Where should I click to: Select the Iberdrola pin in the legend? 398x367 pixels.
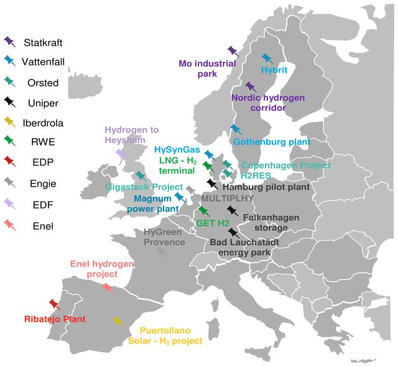(10, 122)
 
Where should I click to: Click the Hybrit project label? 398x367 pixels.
(274, 70)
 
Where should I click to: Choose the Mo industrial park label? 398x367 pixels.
(207, 68)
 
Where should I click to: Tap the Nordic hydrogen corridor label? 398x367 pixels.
(268, 103)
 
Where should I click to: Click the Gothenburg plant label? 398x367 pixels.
(272, 142)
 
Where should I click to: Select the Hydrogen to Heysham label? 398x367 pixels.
(131, 135)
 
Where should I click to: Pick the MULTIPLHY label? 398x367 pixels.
(228, 198)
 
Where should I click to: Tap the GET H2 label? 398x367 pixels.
(213, 223)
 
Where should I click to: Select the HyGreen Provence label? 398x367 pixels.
(164, 237)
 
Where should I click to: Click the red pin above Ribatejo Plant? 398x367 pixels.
(55, 305)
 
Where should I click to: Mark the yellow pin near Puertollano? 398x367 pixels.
(118, 322)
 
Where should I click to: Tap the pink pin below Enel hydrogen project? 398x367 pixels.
(108, 288)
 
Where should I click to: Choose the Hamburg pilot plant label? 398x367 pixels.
(266, 187)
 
